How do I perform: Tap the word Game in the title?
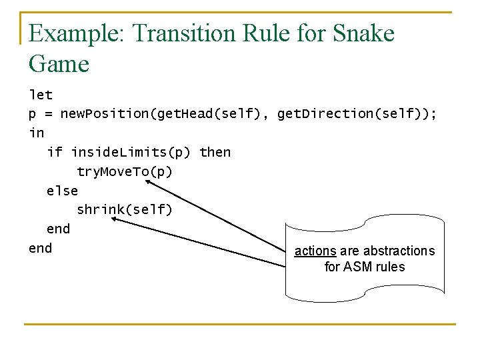pos(59,64)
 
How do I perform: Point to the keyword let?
pos(41,95)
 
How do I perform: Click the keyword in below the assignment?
pos(36,133)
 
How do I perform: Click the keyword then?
pos(215,152)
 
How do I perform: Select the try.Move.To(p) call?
pos(125,171)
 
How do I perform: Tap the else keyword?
pos(62,191)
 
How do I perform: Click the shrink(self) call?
pos(125,209)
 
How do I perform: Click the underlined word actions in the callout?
pos(315,251)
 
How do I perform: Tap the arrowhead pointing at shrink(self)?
pos(115,218)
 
